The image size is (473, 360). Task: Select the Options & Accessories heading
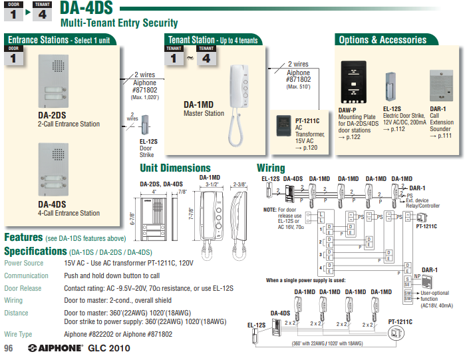click(383, 40)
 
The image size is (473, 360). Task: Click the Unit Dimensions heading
click(175, 168)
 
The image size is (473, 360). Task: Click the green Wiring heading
click(271, 168)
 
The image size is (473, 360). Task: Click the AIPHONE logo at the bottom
click(57, 349)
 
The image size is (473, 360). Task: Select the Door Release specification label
click(23, 288)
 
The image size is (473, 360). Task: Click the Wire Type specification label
click(19, 334)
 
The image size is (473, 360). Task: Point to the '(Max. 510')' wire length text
click(299, 87)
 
